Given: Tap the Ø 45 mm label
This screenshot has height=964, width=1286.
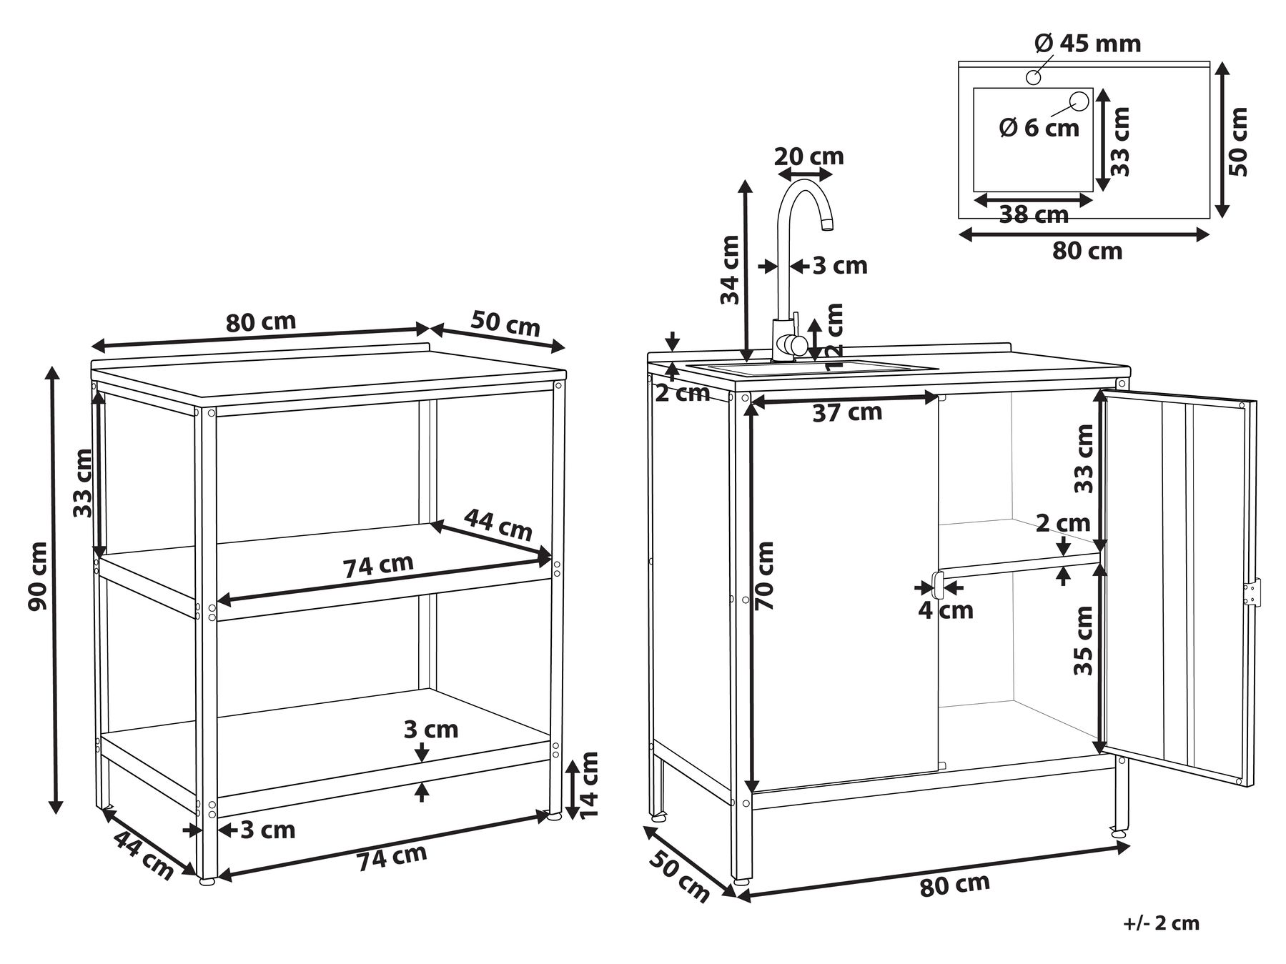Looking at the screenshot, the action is [1087, 44].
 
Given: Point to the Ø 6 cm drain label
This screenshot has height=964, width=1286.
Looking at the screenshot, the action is [1039, 128].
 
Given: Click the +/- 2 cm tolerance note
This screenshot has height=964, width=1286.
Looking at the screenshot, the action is [1161, 923].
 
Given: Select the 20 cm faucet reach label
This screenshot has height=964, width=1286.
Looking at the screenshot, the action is [809, 156].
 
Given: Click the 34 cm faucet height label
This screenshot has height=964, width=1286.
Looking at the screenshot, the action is [730, 270].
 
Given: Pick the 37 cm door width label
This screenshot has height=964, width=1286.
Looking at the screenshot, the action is [847, 413].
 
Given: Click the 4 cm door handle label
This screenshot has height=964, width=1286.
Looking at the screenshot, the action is [946, 610].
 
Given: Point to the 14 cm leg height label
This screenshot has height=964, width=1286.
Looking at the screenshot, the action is [588, 785].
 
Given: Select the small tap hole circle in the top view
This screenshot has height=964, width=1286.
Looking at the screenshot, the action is [1034, 77].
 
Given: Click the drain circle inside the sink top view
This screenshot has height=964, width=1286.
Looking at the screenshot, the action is [1078, 102].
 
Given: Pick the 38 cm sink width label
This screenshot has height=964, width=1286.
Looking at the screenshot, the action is [1034, 214].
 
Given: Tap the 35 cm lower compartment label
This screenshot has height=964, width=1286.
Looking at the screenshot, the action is [1084, 640].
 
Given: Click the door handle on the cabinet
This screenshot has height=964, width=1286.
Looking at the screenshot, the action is [937, 585].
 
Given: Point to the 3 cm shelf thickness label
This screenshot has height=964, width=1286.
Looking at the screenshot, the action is [431, 730].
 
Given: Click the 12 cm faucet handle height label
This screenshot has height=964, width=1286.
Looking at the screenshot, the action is [834, 337].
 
